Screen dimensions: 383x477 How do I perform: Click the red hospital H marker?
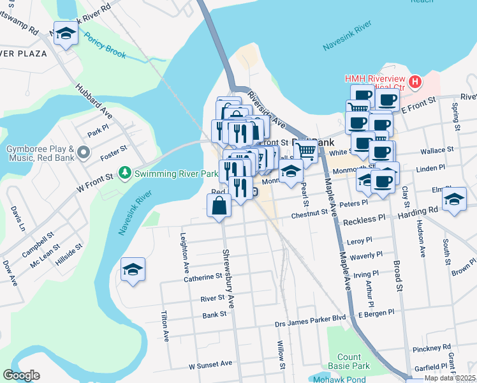pos(415,82)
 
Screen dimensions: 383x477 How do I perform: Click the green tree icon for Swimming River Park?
pos(126,172)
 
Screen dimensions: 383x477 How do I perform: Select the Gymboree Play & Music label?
pos(41,153)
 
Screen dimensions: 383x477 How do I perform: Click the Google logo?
pos(21,375)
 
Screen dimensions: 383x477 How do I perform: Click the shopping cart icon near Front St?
pos(306,151)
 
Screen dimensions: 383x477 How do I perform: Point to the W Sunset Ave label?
pos(210,364)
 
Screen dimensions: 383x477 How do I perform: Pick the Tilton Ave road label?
pos(165,326)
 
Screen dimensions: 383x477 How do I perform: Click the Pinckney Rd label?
pos(432,348)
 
